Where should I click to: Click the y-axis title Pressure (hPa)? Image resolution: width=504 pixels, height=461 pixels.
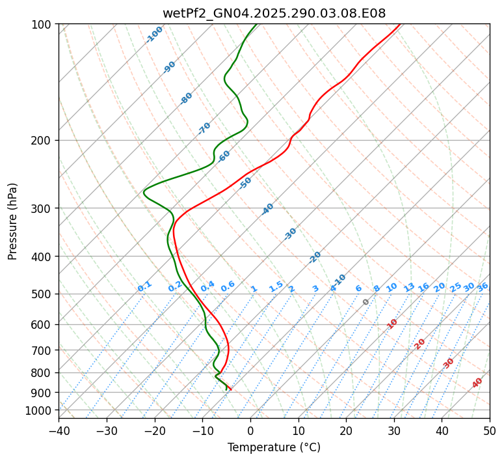pyautogui.click(x=12, y=221)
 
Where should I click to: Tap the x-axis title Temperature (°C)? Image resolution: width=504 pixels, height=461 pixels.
pyautogui.click(x=274, y=448)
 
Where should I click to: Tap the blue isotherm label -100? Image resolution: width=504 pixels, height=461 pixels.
pyautogui.click(x=154, y=35)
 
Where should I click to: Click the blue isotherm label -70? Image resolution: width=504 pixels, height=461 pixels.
pyautogui.click(x=204, y=128)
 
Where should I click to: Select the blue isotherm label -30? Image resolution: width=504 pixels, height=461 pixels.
pyautogui.click(x=290, y=234)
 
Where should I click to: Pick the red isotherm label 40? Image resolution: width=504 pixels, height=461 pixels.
pyautogui.click(x=477, y=383)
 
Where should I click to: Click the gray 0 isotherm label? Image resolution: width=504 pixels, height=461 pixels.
pyautogui.click(x=366, y=302)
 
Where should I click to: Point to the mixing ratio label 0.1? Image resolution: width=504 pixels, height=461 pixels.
pyautogui.click(x=144, y=286)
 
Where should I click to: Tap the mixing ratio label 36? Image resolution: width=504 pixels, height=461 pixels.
pyautogui.click(x=483, y=286)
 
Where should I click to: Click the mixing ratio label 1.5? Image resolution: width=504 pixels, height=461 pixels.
pyautogui.click(x=276, y=286)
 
